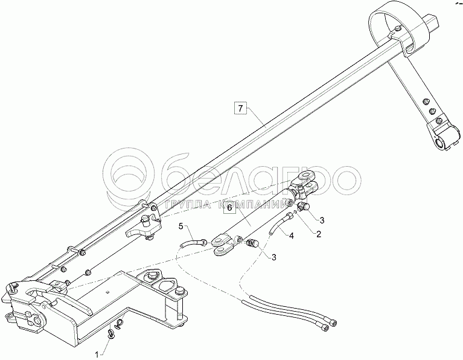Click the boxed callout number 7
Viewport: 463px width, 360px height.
pos(240,109)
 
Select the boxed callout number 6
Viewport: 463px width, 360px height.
pos(229,208)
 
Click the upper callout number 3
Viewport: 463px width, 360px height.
pos(322,219)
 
